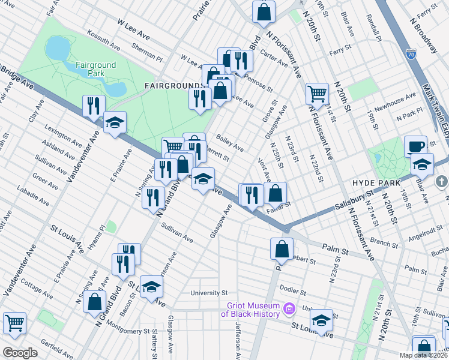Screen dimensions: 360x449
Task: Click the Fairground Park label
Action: pyautogui.click(x=90, y=69)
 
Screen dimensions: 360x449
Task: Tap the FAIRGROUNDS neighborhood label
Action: pyautogui.click(x=172, y=86)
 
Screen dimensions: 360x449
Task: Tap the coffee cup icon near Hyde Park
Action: pyautogui.click(x=415, y=146)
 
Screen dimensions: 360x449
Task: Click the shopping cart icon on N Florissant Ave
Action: pyautogui.click(x=317, y=93)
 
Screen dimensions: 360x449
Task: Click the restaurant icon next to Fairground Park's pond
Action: pyautogui.click(x=93, y=106)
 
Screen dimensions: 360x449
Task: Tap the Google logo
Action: pyautogui.click(x=20, y=353)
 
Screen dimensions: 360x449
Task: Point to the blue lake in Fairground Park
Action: pyautogui.click(x=58, y=47)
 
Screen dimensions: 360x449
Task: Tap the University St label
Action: pyautogui.click(x=209, y=293)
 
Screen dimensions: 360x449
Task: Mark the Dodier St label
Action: pyautogui.click(x=294, y=290)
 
